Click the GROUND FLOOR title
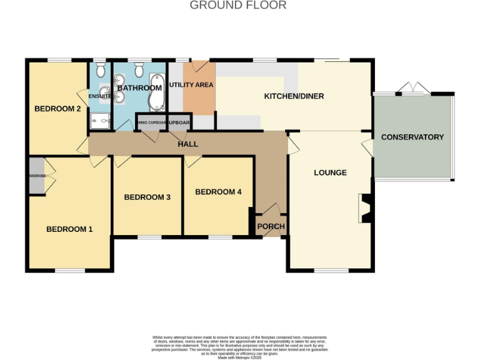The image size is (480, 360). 238,6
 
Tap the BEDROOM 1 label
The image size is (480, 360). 69,229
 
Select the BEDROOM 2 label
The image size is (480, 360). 57,109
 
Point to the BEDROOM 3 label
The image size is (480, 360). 147,197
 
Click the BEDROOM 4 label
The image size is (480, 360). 218,192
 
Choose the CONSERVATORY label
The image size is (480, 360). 412,137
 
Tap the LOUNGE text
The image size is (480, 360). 330,172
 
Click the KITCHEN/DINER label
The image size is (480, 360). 294,96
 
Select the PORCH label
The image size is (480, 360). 271,226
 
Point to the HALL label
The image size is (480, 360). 187,144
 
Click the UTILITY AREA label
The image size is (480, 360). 191,84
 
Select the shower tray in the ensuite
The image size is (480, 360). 99,120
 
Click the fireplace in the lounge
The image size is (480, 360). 366,208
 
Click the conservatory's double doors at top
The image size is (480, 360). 412,89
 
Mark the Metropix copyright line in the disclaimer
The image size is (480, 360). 239,357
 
